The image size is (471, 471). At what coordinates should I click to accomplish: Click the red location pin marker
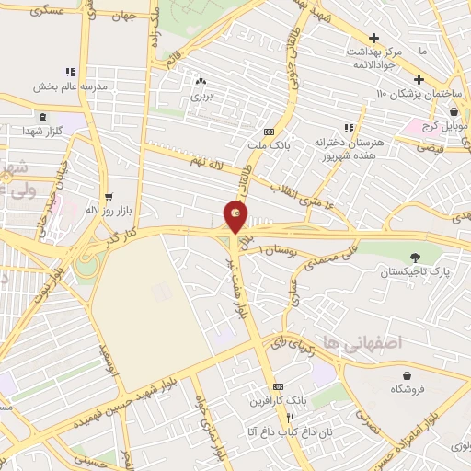(235, 217)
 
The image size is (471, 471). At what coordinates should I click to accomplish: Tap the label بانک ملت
(269, 145)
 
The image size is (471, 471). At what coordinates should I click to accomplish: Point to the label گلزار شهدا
(43, 132)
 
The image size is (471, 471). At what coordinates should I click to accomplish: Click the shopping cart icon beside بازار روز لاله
(109, 196)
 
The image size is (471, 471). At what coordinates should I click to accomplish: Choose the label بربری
(201, 95)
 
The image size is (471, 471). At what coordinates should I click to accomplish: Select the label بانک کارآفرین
(277, 402)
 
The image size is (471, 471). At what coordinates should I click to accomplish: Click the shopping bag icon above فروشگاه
(407, 375)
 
